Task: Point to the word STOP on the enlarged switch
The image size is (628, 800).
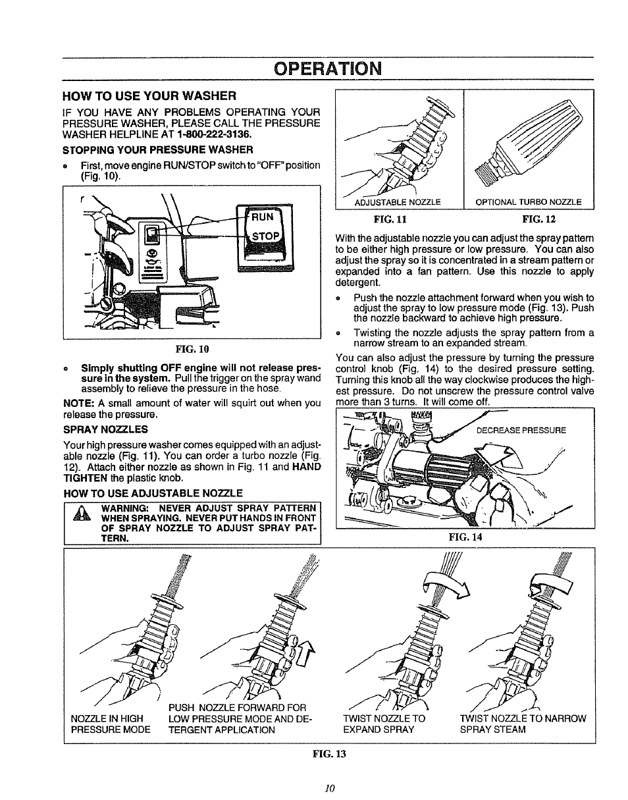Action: pos(265,236)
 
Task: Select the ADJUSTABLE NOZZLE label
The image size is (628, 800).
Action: pos(397,202)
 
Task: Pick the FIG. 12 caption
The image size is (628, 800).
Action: pos(535,218)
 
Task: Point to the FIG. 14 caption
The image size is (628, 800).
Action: pos(465,537)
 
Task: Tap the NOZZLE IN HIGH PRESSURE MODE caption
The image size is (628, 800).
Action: pos(110,724)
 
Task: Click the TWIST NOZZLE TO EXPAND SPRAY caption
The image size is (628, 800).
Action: pos(384,724)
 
